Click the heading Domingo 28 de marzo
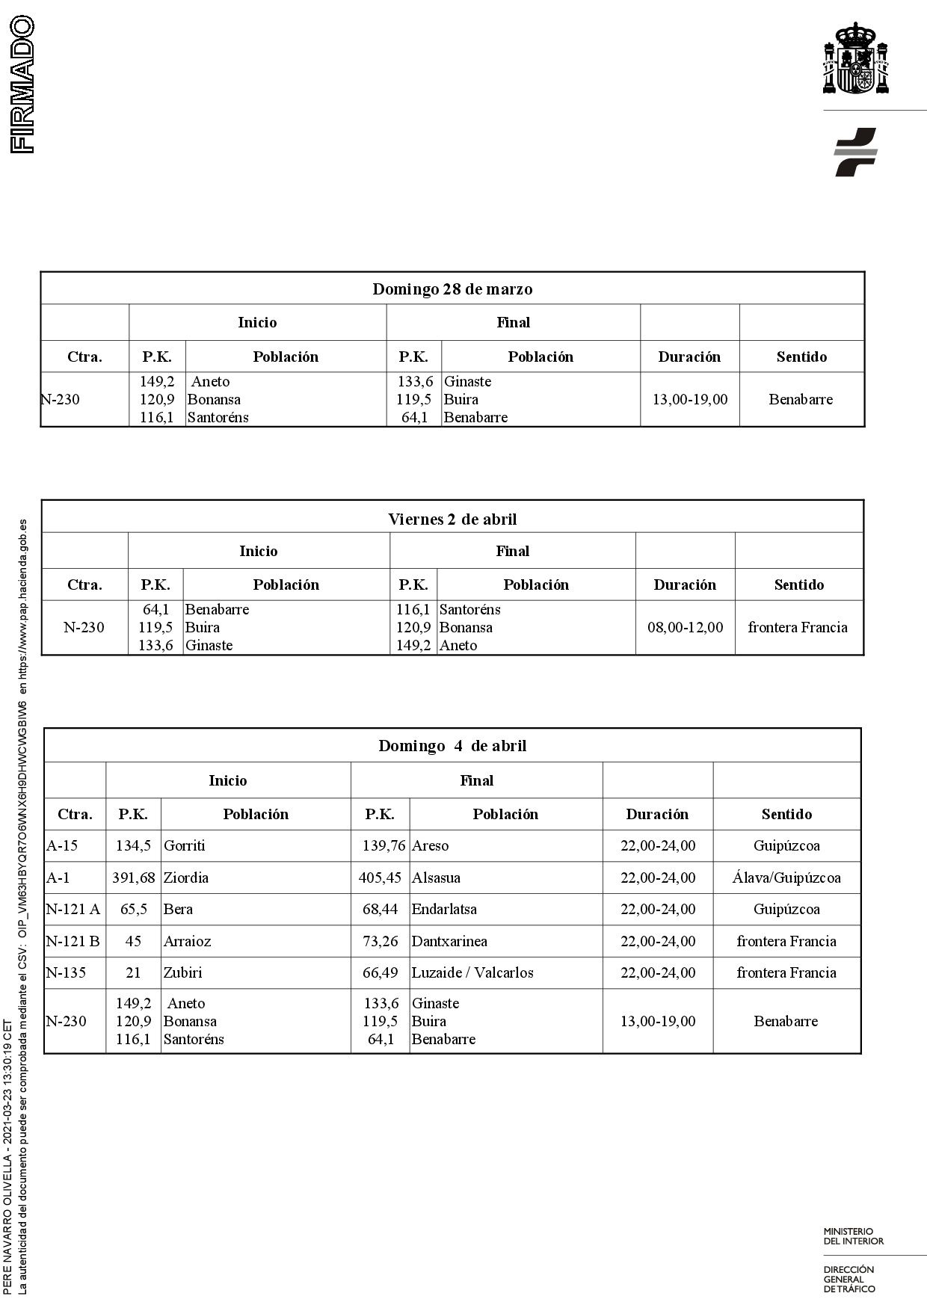(452, 289)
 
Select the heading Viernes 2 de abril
(452, 519)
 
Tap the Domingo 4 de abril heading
(452, 746)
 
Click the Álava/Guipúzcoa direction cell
(786, 877)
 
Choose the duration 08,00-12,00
(685, 627)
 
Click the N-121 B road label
(73, 941)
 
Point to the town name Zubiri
(182, 972)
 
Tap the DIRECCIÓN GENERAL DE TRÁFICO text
(849, 1278)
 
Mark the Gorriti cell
(184, 846)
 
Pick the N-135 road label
(66, 972)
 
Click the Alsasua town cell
(436, 877)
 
